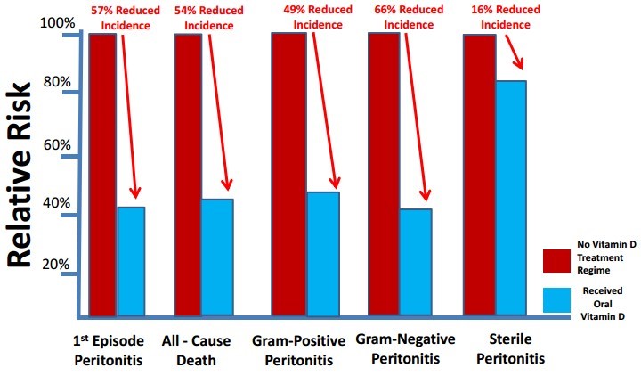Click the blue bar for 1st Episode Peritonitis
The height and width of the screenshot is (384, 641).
(131, 261)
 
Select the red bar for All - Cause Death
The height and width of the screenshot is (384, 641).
(187, 174)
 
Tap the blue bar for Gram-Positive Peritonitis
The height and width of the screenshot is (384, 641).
(321, 254)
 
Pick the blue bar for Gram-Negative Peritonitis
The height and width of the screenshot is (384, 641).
(415, 262)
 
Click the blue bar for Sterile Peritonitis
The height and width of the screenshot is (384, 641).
(511, 198)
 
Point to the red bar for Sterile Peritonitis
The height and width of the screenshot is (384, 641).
(479, 174)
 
